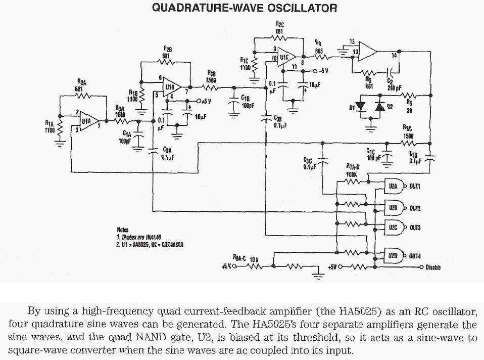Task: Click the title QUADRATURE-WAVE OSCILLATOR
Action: coord(244,8)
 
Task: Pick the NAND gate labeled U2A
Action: coord(393,186)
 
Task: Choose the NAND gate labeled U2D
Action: coord(393,256)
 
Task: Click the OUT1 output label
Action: coord(415,186)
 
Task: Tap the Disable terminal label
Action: coord(433,267)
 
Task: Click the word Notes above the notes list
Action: coord(123,230)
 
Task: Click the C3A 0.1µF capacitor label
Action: coord(167,154)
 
